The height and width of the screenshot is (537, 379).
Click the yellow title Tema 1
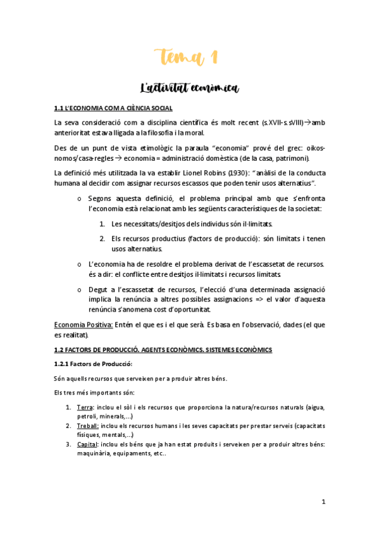(x=189, y=58)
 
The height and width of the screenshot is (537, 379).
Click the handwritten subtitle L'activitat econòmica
(x=189, y=87)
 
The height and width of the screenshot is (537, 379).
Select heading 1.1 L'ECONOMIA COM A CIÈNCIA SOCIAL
(x=113, y=108)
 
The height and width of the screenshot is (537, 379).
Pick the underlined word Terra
(x=84, y=407)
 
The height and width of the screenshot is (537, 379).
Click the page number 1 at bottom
(x=323, y=502)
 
